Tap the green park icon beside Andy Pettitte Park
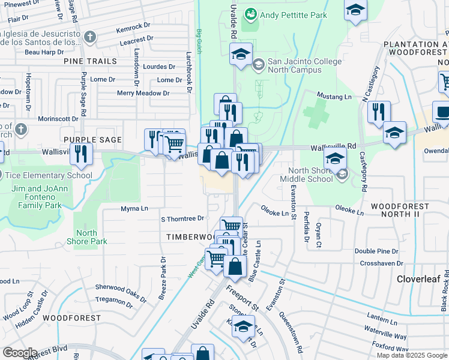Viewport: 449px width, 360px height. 252,13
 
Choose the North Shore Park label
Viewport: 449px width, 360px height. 87,237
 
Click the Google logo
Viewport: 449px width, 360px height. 20,353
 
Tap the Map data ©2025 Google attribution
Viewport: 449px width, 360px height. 412,355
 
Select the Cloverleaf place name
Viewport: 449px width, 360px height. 418,279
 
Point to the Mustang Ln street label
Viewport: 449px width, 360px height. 334,97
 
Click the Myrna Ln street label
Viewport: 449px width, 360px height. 134,209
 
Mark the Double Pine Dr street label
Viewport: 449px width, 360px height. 376,251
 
